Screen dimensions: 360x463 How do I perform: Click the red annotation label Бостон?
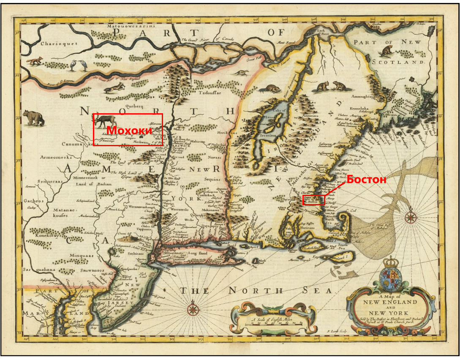tap(367, 180)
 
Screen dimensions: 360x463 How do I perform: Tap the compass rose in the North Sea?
tap(193, 309)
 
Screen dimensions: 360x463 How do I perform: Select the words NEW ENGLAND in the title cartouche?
tap(391, 302)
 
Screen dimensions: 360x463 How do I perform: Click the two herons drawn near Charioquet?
tap(79, 65)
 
